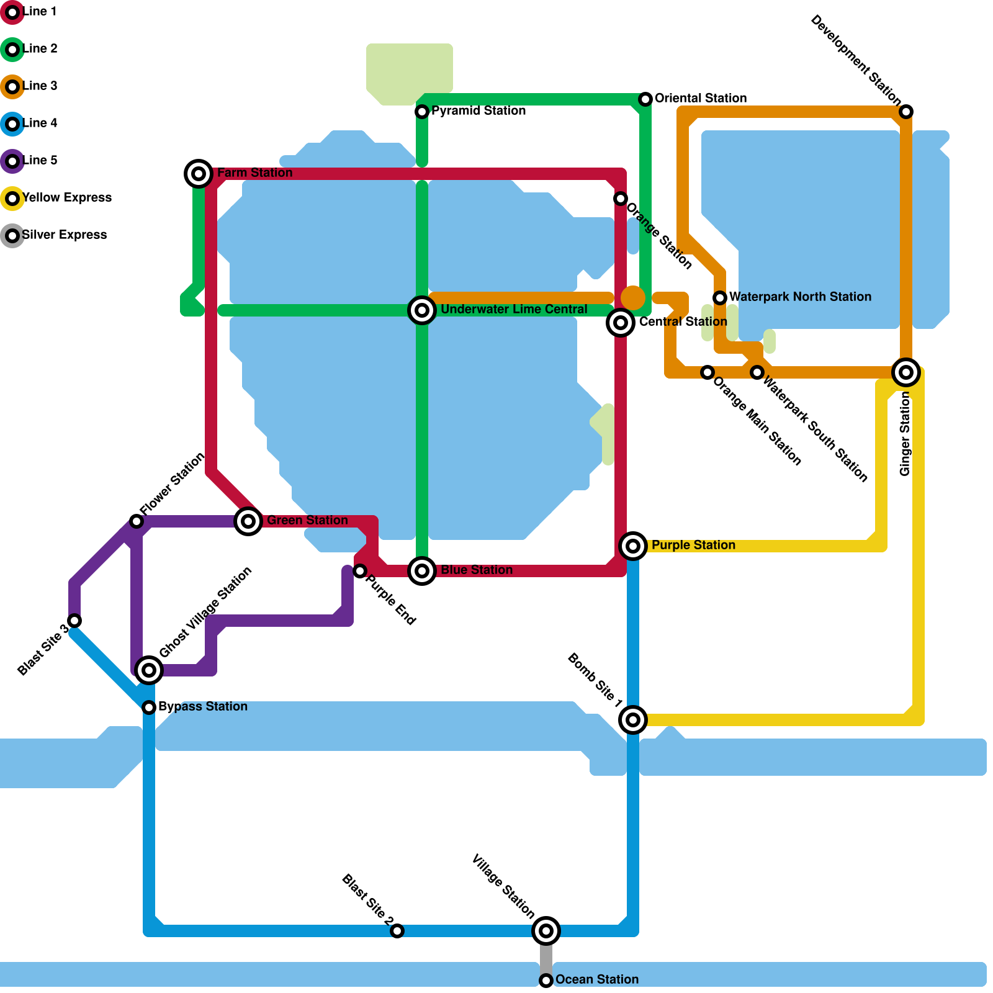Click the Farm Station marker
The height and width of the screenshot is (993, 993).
199,174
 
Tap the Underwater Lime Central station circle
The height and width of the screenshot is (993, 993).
422,310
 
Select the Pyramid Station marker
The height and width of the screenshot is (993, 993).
422,112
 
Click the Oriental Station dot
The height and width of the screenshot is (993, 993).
645,99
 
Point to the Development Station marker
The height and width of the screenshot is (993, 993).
906,112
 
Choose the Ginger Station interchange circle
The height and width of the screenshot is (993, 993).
906,372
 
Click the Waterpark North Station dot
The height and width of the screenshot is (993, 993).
720,298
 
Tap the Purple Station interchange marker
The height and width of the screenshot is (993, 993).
633,546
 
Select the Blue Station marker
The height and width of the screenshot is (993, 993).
422,571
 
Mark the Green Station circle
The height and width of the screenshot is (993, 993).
248,521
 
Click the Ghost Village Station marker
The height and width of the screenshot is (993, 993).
149,670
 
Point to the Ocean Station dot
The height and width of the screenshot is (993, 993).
546,981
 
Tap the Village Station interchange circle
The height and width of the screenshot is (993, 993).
546,931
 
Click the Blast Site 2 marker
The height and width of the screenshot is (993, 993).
397,931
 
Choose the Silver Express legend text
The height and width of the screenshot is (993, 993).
65,235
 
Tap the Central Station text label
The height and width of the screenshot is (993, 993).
683,322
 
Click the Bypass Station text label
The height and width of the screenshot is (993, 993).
202,707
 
